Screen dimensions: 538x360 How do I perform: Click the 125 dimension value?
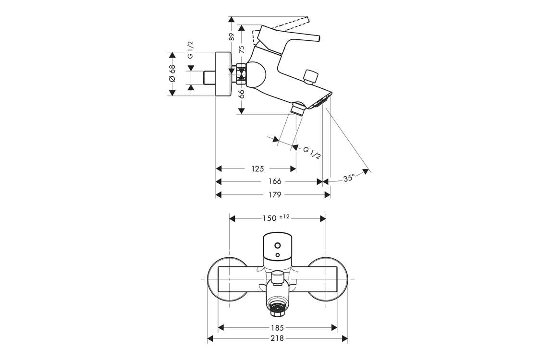(x=257, y=168)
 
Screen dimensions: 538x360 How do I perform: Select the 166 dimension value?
(x=275, y=181)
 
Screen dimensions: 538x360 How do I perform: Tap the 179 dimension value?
(x=275, y=195)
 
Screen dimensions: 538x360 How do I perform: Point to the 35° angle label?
(x=349, y=178)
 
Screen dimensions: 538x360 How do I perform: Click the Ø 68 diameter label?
(x=172, y=73)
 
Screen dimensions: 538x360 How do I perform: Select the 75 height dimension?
(x=242, y=49)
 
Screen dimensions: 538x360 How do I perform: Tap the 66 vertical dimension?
(x=242, y=94)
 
